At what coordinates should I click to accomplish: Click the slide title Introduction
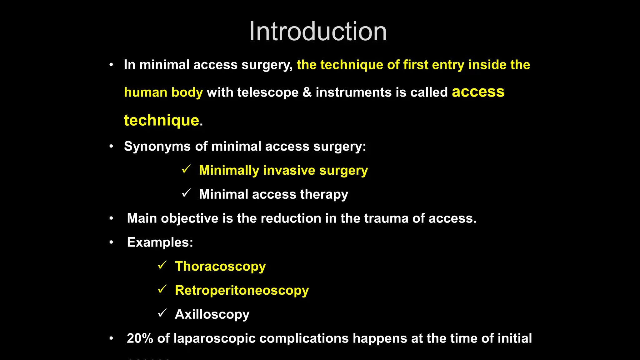(318, 31)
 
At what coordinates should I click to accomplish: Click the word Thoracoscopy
(220, 266)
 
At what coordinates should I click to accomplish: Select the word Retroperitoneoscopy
(242, 290)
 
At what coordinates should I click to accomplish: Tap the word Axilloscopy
(212, 314)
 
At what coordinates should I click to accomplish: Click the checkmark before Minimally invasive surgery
(186, 169)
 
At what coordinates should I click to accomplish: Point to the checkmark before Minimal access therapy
(186, 193)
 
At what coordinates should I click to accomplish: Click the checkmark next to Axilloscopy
(162, 313)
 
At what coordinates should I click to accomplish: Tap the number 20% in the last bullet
(140, 338)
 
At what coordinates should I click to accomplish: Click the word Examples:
(160, 242)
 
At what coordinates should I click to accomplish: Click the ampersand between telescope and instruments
(307, 92)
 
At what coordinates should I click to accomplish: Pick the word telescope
(267, 92)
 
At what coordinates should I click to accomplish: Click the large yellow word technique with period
(163, 120)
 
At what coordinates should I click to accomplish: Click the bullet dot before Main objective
(111, 218)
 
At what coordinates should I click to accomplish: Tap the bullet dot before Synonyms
(111, 146)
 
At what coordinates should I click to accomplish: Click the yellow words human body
(163, 92)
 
